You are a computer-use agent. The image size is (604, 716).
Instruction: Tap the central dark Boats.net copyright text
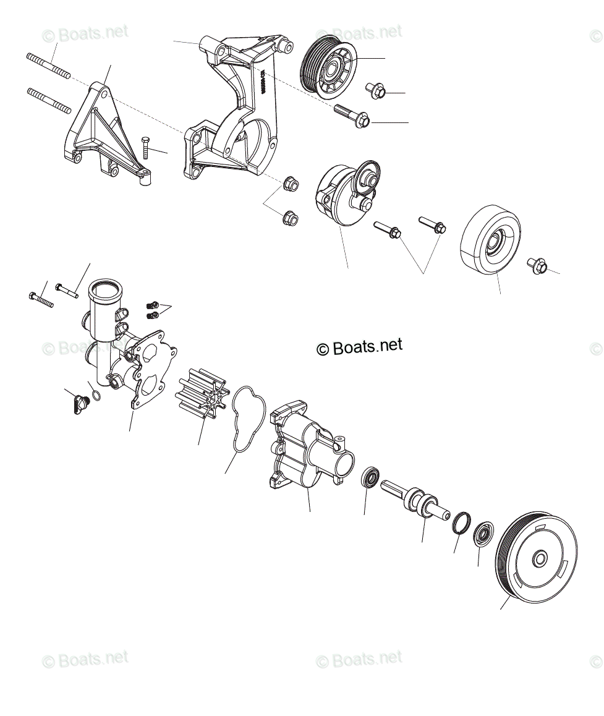[x=359, y=346]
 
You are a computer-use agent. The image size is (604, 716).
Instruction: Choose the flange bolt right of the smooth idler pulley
[x=537, y=266]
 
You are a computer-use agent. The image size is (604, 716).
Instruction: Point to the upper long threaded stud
[x=48, y=66]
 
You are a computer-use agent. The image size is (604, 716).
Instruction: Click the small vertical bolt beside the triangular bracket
[x=146, y=148]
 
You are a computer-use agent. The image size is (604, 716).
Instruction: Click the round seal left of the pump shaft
[x=371, y=478]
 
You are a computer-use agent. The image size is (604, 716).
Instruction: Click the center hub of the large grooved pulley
[x=540, y=558]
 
